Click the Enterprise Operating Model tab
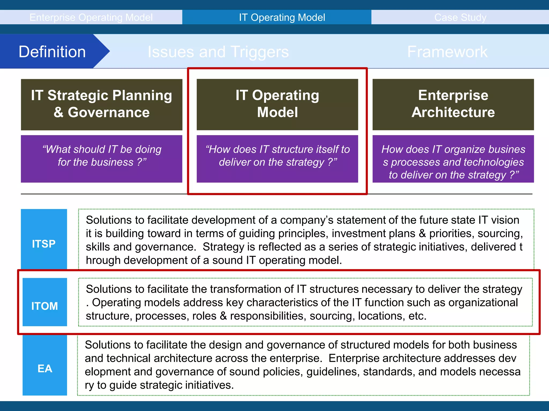91,17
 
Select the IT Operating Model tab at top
282,17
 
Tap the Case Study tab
460,17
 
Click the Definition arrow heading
52,51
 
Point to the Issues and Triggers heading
218,51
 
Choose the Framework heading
447,51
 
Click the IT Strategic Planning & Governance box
102,104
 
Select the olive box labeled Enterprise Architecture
453,104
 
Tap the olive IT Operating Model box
277,104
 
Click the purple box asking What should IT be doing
102,159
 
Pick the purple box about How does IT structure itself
277,159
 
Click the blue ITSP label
44,244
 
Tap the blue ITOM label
44,306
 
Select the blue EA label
45,368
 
